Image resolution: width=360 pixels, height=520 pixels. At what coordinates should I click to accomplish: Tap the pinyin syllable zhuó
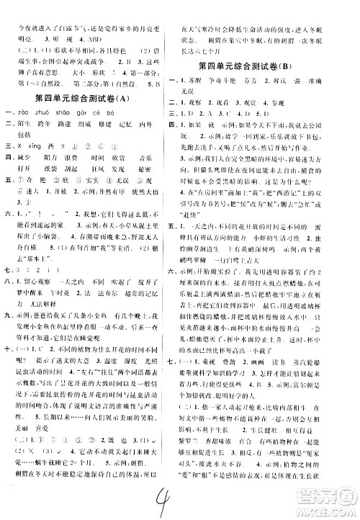pyautogui.click(x=50, y=111)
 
